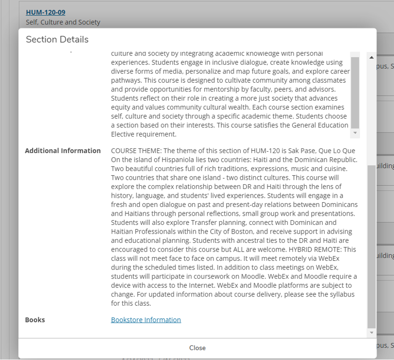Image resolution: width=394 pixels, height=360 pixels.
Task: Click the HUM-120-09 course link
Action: pyautogui.click(x=45, y=12)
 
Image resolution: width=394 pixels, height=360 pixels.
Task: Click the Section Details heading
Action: pyautogui.click(x=57, y=40)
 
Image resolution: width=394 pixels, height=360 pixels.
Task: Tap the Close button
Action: pyautogui.click(x=197, y=348)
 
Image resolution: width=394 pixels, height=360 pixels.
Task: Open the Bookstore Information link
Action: pyautogui.click(x=146, y=320)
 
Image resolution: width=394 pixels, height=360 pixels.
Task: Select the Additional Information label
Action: pyautogui.click(x=62, y=151)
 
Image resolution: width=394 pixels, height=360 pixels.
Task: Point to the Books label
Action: pyautogui.click(x=35, y=320)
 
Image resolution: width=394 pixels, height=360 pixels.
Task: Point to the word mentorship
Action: pyautogui.click(x=222, y=89)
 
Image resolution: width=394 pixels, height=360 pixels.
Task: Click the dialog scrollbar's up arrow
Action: pyautogui.click(x=371, y=57)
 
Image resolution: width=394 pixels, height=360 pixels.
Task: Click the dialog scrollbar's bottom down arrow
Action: pyautogui.click(x=371, y=332)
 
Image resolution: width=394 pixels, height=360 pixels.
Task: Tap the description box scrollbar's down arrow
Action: pyautogui.click(x=355, y=133)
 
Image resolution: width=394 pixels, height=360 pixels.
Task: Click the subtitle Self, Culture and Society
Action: pyautogui.click(x=63, y=22)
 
